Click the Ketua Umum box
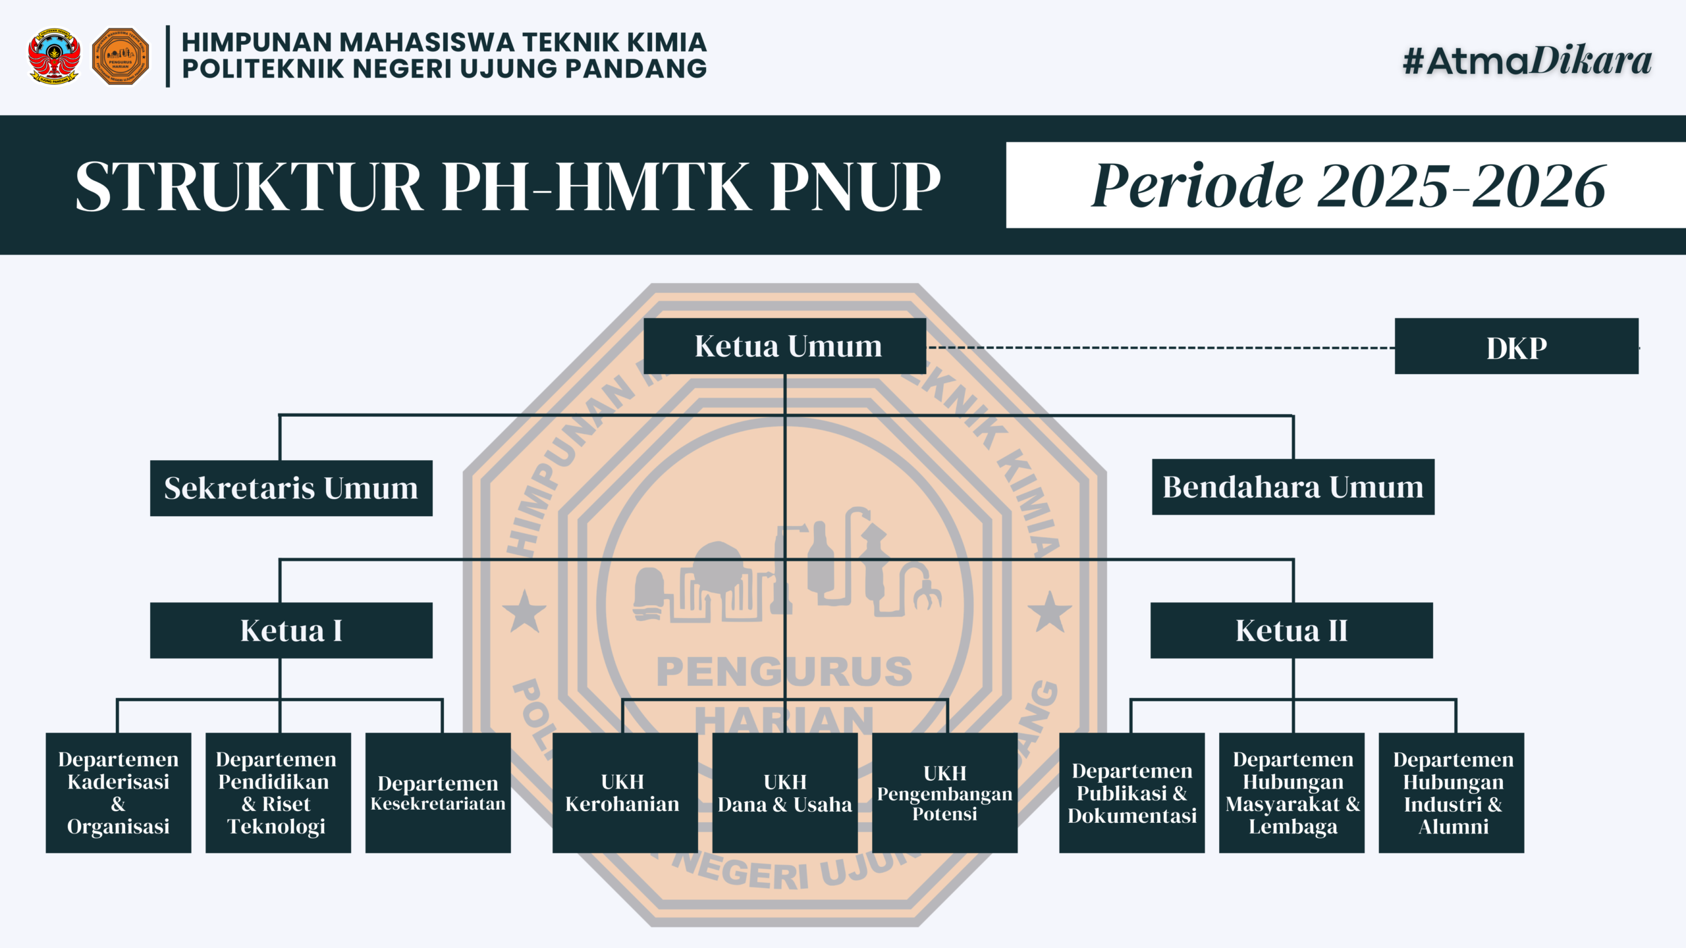click(x=784, y=346)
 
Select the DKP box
click(x=1516, y=346)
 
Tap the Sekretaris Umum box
click(x=291, y=488)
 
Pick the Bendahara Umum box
click(x=1293, y=487)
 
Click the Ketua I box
click(x=291, y=630)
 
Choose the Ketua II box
click(x=1292, y=630)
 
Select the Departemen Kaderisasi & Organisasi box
click(x=119, y=793)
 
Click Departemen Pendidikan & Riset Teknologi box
click(x=278, y=793)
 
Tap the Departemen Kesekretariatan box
click(x=438, y=793)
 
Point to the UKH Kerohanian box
click(x=625, y=793)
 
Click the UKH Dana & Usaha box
click(x=785, y=793)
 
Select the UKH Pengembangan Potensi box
click(x=944, y=793)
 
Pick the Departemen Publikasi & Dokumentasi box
click(x=1132, y=793)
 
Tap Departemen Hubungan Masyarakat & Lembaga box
click(x=1292, y=793)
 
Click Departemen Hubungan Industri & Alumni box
click(x=1452, y=793)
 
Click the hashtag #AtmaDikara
click(x=1527, y=61)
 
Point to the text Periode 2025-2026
click(x=1348, y=186)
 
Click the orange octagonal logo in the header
click(x=121, y=56)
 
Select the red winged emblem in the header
click(x=54, y=56)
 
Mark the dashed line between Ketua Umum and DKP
click(x=1160, y=348)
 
